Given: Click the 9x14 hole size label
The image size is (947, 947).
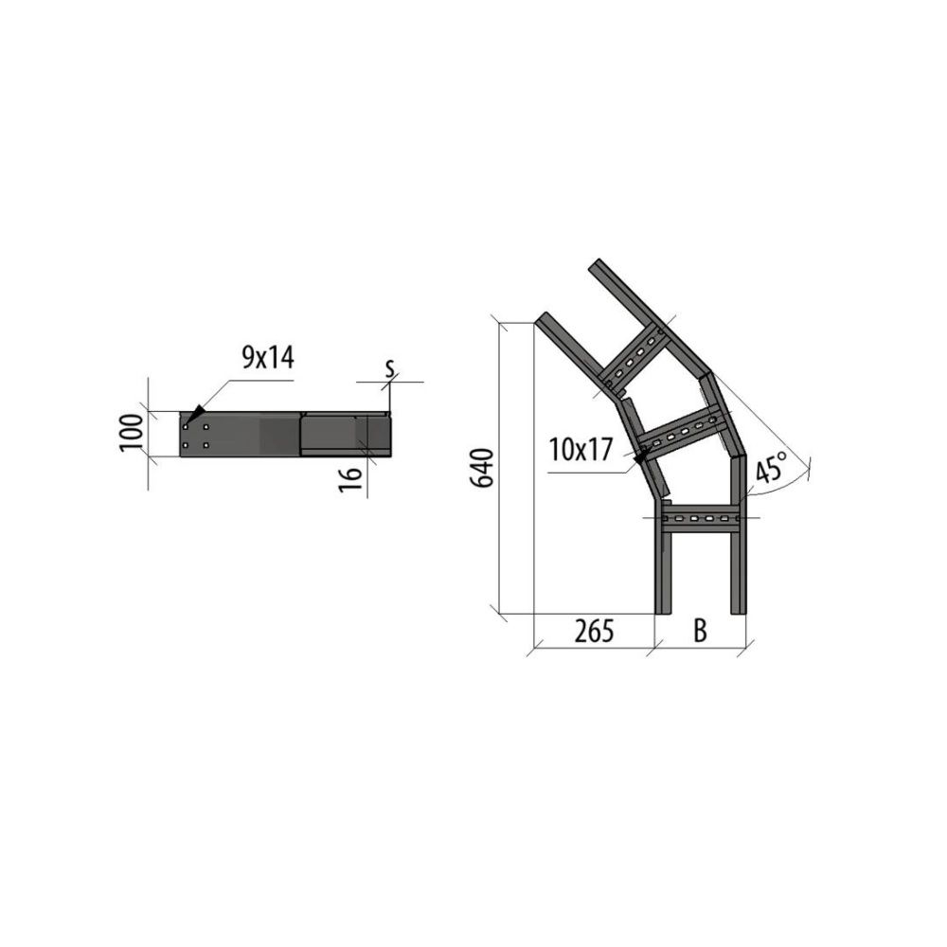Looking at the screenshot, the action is click(268, 358).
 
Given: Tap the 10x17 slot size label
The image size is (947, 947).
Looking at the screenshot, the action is click(581, 450).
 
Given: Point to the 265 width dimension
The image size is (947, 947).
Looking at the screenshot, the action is click(594, 631).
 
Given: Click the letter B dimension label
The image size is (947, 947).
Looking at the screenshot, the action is click(700, 631).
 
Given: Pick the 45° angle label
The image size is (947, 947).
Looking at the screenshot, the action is click(772, 466).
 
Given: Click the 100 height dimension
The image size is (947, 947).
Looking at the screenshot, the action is click(132, 433).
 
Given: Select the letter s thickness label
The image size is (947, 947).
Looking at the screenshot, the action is click(390, 367).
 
